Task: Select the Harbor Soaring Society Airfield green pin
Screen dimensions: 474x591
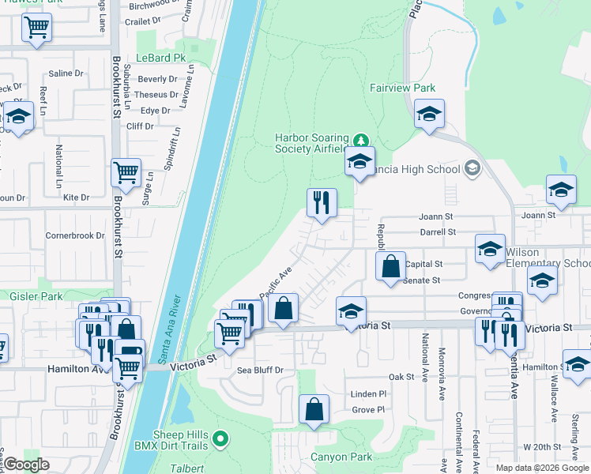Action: point(361,141)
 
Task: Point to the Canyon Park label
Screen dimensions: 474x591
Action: point(341,457)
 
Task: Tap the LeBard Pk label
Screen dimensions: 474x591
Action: point(160,58)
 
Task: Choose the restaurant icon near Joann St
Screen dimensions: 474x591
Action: point(322,203)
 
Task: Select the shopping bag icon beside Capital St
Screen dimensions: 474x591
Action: point(391,266)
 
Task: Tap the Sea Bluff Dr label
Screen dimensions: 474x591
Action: point(260,370)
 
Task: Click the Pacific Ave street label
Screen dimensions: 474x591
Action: point(277,280)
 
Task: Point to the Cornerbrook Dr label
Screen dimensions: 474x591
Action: point(75,235)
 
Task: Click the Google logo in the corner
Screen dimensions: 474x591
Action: point(26,465)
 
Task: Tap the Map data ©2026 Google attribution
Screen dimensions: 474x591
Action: point(542,468)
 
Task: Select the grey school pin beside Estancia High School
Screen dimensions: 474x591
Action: point(472,167)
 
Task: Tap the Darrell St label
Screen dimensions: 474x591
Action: point(439,232)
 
